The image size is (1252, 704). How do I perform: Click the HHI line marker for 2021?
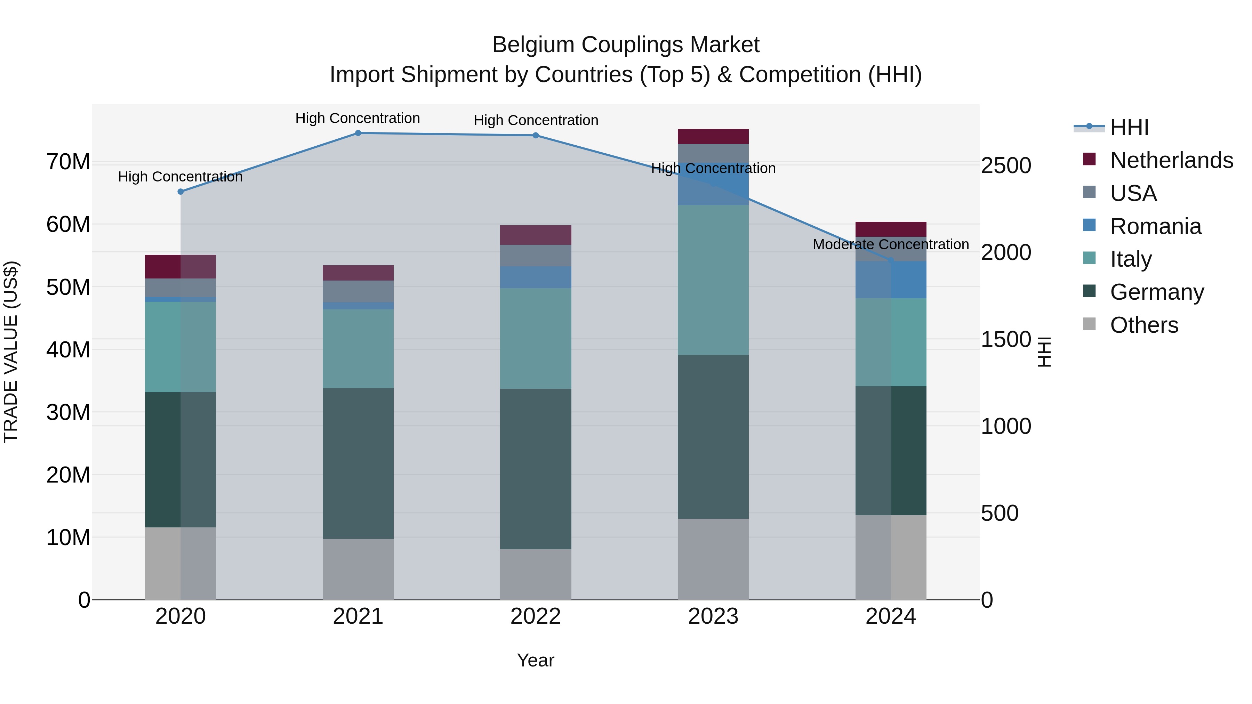point(358,133)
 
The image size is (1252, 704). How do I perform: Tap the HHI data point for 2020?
point(180,192)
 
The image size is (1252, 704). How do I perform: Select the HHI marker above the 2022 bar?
point(536,136)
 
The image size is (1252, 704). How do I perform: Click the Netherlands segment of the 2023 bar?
point(713,137)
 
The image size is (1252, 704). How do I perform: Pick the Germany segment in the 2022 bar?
point(536,469)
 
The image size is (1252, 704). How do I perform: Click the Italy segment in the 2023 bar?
point(713,280)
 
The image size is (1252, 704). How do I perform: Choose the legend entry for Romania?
point(1155,226)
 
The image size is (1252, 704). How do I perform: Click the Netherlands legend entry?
point(1171,160)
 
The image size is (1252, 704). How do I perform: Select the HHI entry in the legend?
point(1129,127)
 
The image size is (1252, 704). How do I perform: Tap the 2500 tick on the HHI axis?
point(1005,166)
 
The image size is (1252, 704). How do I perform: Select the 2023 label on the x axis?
point(713,616)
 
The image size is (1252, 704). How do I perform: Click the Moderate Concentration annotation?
point(890,244)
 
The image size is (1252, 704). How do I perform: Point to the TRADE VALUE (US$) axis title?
point(11,352)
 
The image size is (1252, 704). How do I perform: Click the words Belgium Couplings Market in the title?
point(626,45)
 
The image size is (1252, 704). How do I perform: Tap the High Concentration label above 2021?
point(358,118)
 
